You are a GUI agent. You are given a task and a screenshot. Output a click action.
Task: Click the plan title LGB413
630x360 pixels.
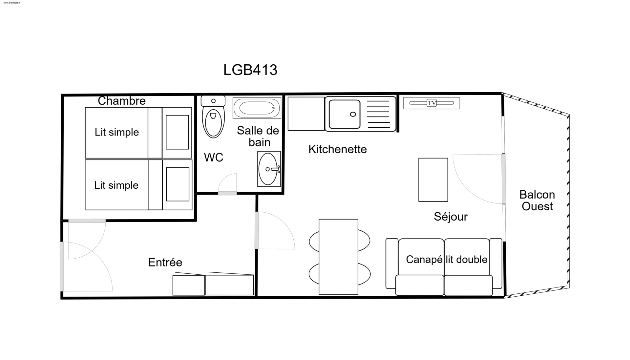click(250, 70)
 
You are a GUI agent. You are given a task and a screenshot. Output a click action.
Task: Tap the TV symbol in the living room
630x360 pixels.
click(431, 103)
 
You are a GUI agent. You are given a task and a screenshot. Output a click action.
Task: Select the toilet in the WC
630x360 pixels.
click(213, 117)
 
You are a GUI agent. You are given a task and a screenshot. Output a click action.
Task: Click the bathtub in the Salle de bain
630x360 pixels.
click(257, 108)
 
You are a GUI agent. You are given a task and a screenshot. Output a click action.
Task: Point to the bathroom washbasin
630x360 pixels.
click(269, 169)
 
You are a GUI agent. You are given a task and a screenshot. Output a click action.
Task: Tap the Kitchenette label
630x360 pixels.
click(337, 149)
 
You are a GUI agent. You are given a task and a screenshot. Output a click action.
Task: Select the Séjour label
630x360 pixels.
click(451, 217)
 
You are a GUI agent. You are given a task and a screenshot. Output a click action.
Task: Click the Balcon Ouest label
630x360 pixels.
click(537, 200)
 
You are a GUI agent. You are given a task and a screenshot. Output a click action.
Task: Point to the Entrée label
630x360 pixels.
click(165, 262)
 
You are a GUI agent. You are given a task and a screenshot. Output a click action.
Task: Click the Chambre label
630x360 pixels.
click(122, 101)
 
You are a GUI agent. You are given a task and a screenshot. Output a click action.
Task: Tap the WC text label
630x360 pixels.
click(213, 157)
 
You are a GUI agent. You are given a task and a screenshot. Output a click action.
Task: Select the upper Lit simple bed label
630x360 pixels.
click(117, 132)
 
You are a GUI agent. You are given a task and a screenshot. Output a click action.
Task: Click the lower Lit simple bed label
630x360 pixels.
click(116, 185)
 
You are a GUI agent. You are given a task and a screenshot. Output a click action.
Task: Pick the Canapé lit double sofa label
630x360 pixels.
click(447, 259)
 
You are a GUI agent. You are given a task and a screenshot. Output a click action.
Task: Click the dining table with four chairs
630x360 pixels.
click(339, 257)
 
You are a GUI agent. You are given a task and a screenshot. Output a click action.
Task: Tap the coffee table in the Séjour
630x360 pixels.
click(433, 180)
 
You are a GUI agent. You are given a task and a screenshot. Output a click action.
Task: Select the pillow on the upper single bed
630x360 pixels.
click(177, 132)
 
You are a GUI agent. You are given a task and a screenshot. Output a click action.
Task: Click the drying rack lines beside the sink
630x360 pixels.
click(378, 114)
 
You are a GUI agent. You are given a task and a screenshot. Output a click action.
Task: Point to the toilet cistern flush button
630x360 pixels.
click(213, 101)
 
